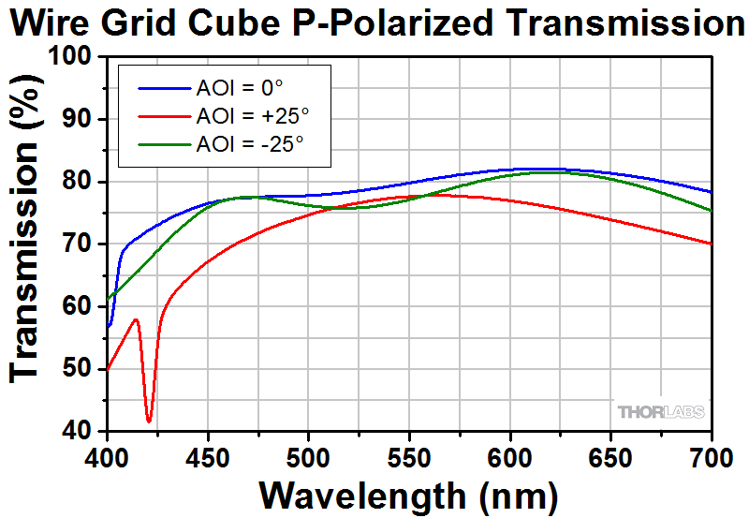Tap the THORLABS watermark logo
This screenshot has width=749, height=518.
(660, 412)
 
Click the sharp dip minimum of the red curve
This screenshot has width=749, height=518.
(149, 421)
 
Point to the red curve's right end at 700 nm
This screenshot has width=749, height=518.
(712, 244)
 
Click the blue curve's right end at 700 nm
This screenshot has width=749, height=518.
(712, 192)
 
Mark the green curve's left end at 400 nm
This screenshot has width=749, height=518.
(109, 300)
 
